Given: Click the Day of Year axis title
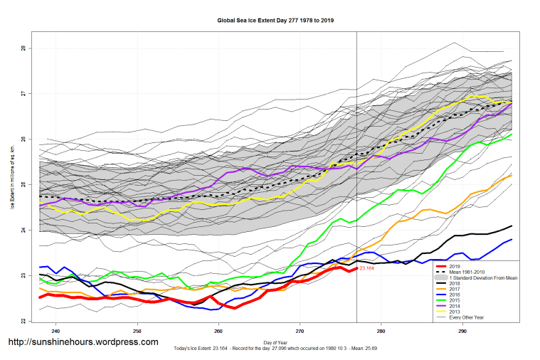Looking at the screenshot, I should coord(275,343).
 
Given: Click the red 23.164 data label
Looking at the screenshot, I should coord(367,269).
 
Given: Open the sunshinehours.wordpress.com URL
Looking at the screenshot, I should coord(83,342).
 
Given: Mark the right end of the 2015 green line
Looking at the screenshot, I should coord(512,134).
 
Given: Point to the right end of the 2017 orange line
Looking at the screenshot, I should coord(512,175).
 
